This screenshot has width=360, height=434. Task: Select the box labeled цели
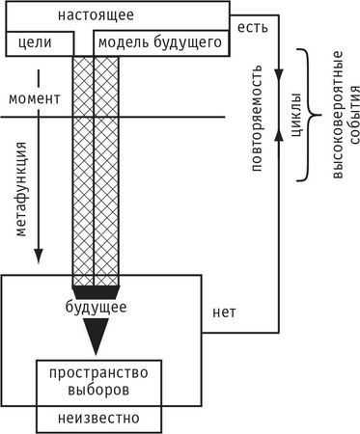tap(39, 42)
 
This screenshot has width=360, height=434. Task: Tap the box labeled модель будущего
tap(161, 42)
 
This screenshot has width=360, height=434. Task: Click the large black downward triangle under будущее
tap(96, 337)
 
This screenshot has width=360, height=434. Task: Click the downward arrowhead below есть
tap(279, 75)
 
